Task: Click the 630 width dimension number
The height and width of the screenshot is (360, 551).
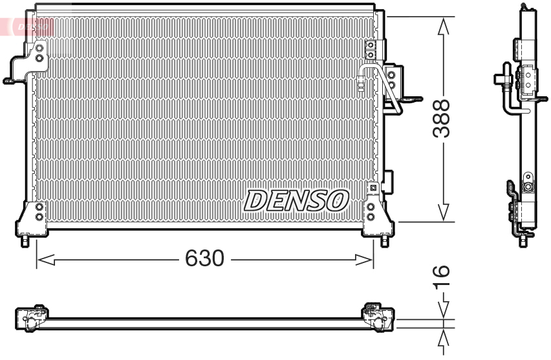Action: (204, 259)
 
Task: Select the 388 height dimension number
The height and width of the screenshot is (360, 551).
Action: (442, 118)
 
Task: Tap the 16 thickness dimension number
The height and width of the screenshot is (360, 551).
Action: (441, 277)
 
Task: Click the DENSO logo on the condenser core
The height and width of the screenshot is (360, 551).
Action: (296, 200)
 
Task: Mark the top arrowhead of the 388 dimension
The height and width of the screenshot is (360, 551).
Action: (443, 25)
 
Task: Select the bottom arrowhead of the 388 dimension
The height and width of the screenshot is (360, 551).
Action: (443, 213)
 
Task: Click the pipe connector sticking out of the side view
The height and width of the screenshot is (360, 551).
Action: (501, 78)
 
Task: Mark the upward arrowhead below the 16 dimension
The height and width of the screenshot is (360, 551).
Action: (443, 337)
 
